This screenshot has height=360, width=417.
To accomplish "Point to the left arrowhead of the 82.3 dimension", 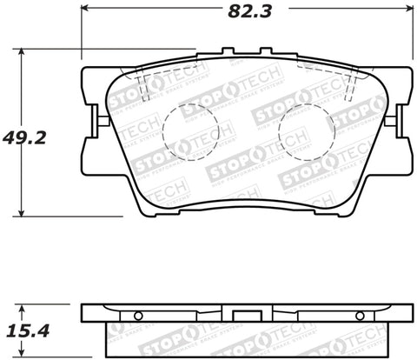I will click(x=85, y=13).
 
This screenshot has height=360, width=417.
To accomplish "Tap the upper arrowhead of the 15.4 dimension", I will click(x=23, y=306).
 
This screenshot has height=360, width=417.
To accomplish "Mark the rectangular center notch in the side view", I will click(x=245, y=309).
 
